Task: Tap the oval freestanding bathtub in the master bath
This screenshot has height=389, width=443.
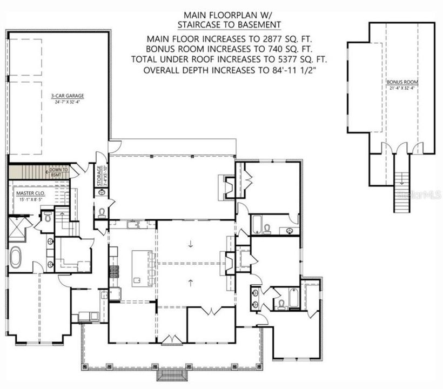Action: click(16, 258)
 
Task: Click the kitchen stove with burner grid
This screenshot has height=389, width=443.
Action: click(113, 270)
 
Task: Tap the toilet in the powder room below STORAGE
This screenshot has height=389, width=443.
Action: click(102, 212)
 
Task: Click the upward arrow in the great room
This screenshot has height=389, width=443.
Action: click(191, 281)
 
